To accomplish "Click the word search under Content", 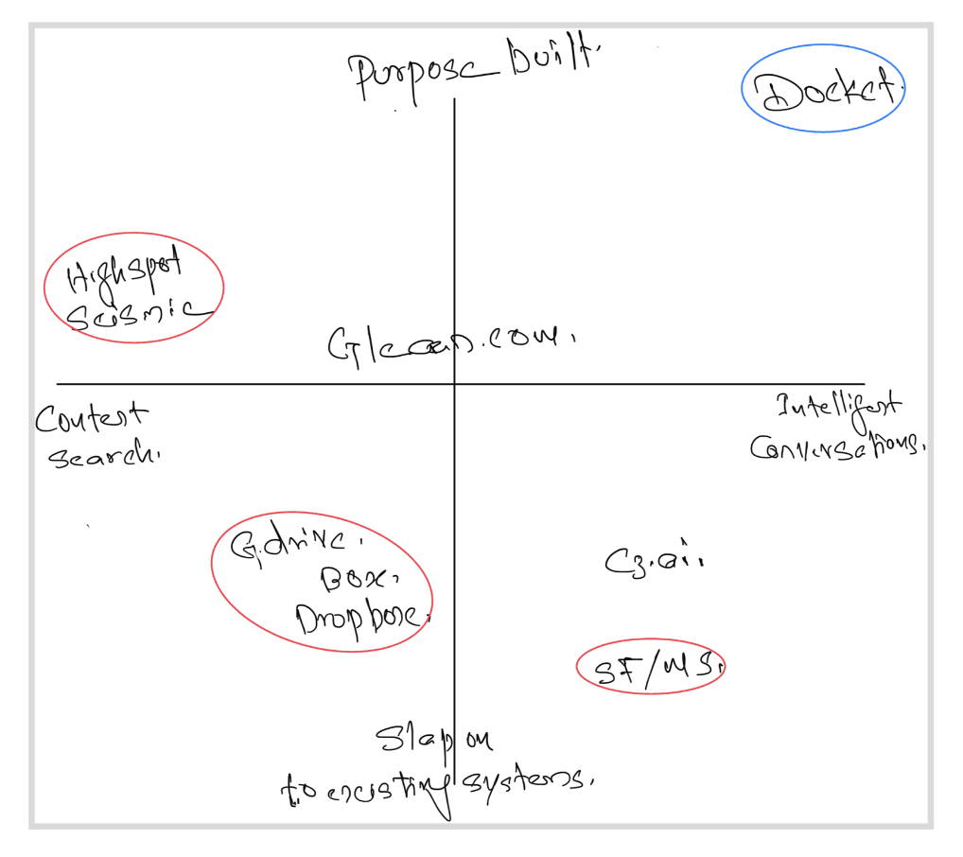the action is [x=102, y=456].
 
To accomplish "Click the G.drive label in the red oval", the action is [x=294, y=546].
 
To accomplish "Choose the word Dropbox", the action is [x=359, y=620].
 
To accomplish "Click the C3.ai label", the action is [x=654, y=562].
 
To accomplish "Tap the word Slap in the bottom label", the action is [x=410, y=741].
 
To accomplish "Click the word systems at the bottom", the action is [x=524, y=781].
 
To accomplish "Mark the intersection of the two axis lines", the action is [x=455, y=384].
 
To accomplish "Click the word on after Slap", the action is [x=475, y=739].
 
